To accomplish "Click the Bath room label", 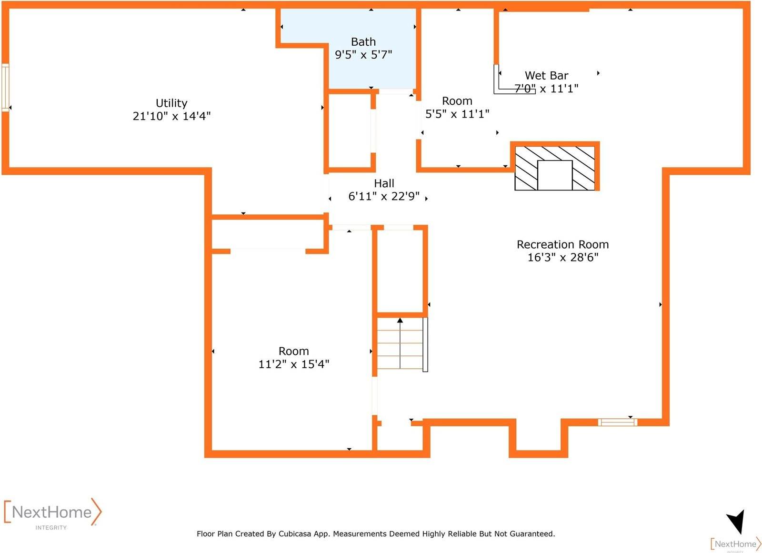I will click(x=363, y=42).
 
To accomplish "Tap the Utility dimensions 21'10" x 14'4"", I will click(x=171, y=116).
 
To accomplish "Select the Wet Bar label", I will click(x=546, y=75).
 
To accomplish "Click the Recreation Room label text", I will click(x=562, y=244).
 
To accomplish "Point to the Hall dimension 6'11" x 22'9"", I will click(x=384, y=196).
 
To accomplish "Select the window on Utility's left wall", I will click(x=5, y=88).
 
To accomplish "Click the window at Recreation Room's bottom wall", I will click(x=617, y=422).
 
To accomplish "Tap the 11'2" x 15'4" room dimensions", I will click(x=293, y=364).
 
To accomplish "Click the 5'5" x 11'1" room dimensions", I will click(x=457, y=114).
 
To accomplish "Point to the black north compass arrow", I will click(x=736, y=522).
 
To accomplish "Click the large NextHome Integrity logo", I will click(x=52, y=513).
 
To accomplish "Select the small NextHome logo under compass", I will click(x=735, y=544).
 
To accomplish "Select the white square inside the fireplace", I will click(x=555, y=175).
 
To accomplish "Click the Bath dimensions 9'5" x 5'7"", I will click(x=363, y=55).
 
